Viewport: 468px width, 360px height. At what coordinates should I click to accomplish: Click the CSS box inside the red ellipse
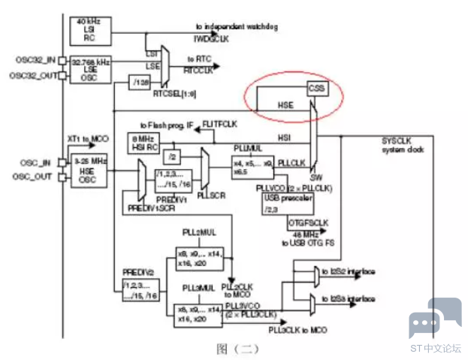click(317, 89)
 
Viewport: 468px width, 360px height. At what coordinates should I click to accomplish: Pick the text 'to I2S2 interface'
click(348, 271)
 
